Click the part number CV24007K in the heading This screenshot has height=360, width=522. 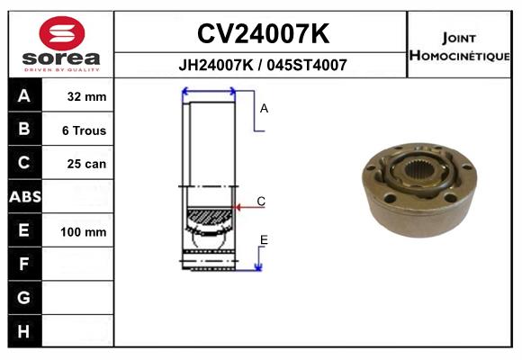coord(262,34)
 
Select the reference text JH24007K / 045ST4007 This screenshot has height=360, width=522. coord(262,66)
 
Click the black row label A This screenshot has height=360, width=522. coord(24,96)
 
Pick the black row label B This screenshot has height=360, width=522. coord(24,130)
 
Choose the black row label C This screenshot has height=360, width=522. coord(24,163)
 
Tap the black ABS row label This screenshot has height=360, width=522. coord(24,196)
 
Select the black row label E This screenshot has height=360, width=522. coord(24,230)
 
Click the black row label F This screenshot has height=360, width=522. coord(24,264)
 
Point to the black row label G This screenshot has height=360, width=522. coord(24,297)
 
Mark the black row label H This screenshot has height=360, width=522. coord(24,330)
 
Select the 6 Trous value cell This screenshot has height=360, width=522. coord(84,130)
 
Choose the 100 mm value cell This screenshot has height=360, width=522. coord(84,231)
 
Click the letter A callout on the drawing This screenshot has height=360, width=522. coord(265,108)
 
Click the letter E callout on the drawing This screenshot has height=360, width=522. coord(264,239)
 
